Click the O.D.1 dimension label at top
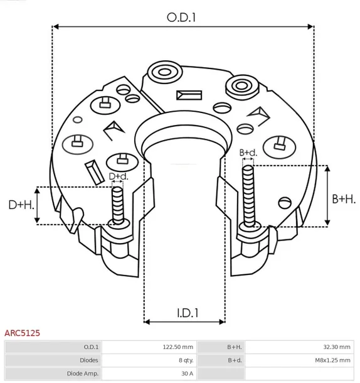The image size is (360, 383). point(182,18)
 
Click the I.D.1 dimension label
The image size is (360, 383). point(184,312)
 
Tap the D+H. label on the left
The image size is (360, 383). point(20,205)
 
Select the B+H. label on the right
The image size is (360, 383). point(343,198)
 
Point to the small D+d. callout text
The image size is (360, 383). point(118,176)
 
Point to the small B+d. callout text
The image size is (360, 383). point(248,153)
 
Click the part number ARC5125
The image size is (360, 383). point(23,333)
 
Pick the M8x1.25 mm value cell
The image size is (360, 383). point(332,360)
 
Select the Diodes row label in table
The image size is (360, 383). point(88,360)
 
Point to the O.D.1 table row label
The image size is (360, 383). point(90,347)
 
